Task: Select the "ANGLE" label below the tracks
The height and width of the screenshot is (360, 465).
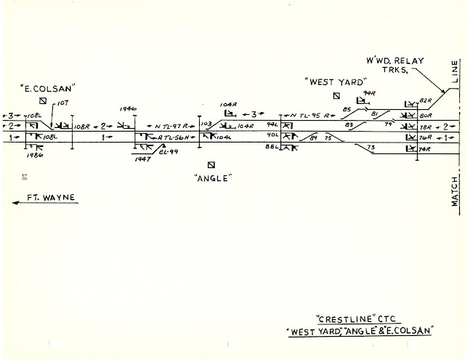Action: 213,177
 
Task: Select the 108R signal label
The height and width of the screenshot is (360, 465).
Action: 82,126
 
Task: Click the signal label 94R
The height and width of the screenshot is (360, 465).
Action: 369,94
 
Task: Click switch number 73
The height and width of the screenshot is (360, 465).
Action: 371,148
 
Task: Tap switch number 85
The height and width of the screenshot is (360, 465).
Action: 347,110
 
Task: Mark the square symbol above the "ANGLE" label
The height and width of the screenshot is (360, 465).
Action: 211,165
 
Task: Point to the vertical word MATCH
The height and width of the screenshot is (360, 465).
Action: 455,191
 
